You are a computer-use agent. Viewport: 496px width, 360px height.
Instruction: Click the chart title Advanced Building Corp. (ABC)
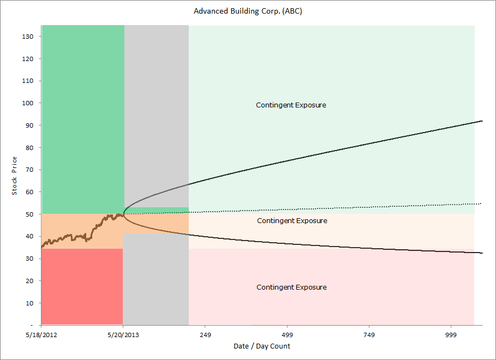tap(248, 11)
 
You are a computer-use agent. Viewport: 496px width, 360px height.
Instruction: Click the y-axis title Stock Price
tap(15, 175)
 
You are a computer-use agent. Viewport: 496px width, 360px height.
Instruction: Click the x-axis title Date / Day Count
tap(262, 346)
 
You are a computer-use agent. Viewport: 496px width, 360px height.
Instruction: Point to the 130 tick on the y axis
tap(28, 37)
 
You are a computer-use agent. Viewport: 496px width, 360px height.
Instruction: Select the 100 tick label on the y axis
tap(28, 103)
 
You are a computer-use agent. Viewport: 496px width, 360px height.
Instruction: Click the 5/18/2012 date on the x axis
tap(41, 335)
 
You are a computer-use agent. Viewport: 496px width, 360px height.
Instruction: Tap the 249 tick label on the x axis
tap(205, 335)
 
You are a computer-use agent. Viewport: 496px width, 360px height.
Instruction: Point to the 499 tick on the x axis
tap(287, 335)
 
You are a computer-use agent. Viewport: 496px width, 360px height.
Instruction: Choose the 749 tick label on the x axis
tap(369, 335)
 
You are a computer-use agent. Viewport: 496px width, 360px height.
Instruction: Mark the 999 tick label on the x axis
tap(451, 335)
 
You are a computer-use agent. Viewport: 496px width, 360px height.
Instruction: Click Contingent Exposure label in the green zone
tap(291, 105)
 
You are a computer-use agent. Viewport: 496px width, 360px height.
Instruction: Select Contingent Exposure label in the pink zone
tap(291, 287)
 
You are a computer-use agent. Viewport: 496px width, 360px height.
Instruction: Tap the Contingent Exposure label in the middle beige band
tap(292, 221)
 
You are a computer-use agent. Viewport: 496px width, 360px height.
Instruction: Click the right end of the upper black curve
tap(482, 121)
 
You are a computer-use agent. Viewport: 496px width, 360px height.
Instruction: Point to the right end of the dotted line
tap(480, 203)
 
